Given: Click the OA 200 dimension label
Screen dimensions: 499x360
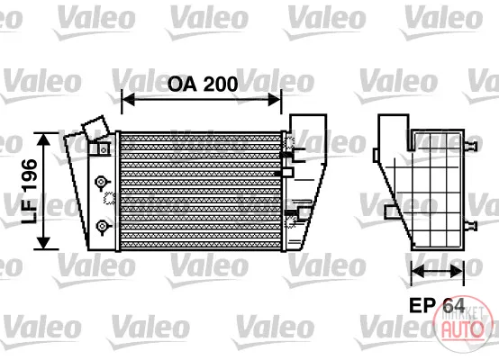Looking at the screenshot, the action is coord(203,85).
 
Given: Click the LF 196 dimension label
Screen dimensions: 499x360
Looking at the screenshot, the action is coord(30,192).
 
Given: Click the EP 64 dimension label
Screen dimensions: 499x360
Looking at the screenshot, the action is coord(437,306).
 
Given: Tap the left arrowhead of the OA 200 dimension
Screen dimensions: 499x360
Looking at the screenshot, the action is coord(128,100).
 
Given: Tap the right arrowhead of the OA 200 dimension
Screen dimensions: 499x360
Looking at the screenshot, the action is coord(275,100).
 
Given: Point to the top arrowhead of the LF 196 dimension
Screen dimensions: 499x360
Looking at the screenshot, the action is coord(43,139).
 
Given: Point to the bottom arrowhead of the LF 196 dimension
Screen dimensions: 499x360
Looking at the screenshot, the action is coord(43,243).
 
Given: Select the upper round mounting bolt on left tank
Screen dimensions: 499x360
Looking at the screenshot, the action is coord(101,182).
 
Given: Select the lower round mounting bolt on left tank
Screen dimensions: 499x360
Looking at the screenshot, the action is coord(102,226).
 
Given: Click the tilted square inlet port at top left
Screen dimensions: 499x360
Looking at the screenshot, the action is coord(95,128).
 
